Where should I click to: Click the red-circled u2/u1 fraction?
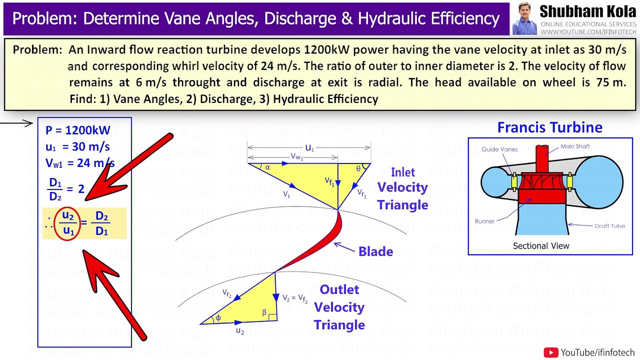[x=68, y=223]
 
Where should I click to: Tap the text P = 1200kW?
[x=77, y=130]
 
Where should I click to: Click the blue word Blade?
[x=375, y=251]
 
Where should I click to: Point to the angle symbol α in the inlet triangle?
[x=267, y=167]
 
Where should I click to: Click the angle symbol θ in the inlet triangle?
[x=358, y=169]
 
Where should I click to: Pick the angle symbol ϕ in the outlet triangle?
[x=218, y=318]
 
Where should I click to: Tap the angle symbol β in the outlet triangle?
[x=264, y=312]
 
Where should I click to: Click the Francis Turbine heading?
[x=549, y=127]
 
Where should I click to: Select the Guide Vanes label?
[x=499, y=149]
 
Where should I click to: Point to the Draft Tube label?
[x=609, y=226]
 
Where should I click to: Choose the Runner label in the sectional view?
[x=484, y=221]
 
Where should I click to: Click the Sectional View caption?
[x=541, y=246]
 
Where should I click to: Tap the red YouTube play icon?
[x=550, y=352]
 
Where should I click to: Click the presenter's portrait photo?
[x=524, y=18]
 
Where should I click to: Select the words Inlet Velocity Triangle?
[x=402, y=188]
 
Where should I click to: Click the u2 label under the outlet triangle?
[x=239, y=331]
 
